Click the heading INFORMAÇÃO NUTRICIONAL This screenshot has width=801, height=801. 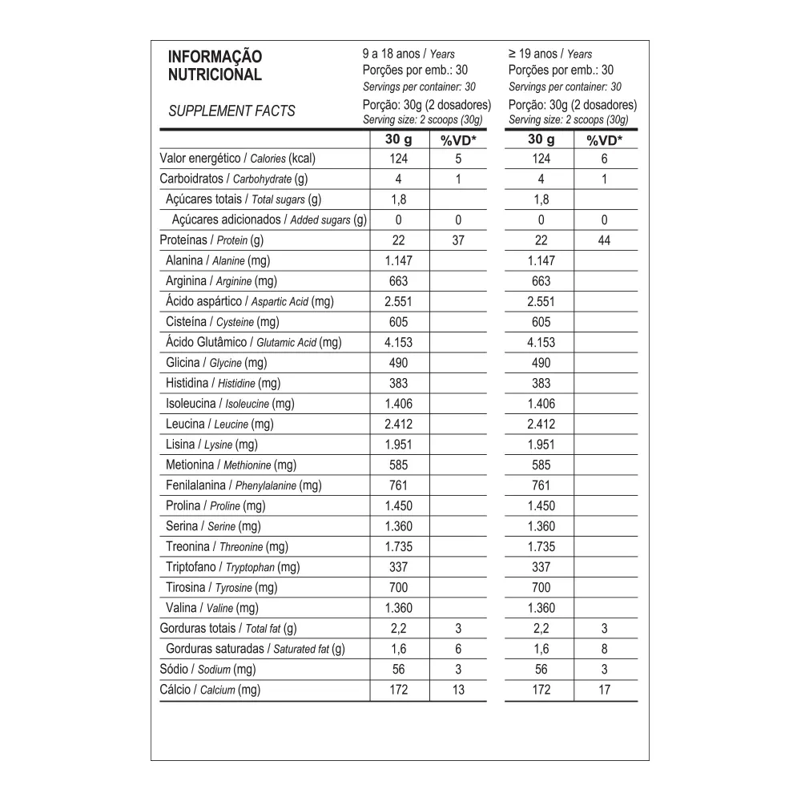point(214,66)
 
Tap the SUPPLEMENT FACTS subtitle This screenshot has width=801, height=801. point(231,111)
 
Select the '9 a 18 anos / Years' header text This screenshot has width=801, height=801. point(409,54)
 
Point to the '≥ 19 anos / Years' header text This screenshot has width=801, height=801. point(550,54)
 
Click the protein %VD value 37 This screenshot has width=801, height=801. point(458,240)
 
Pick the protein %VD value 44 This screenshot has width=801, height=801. point(604,240)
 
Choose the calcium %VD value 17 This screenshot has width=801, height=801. point(604,690)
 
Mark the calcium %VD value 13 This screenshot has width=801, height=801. point(458,690)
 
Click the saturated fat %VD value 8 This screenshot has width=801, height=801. point(604,649)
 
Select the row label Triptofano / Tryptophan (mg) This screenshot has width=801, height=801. point(232,567)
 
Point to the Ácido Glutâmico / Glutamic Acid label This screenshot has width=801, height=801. point(253,343)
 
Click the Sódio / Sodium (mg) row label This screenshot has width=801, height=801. point(207,670)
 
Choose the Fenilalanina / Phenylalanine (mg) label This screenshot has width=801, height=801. point(244,485)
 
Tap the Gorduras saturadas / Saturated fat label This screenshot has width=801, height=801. point(255,649)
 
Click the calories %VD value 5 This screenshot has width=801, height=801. point(458,159)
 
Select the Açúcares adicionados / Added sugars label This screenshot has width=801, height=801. point(268,220)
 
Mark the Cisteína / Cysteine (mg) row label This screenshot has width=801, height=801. point(222,322)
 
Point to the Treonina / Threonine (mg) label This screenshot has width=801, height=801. point(227,547)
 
